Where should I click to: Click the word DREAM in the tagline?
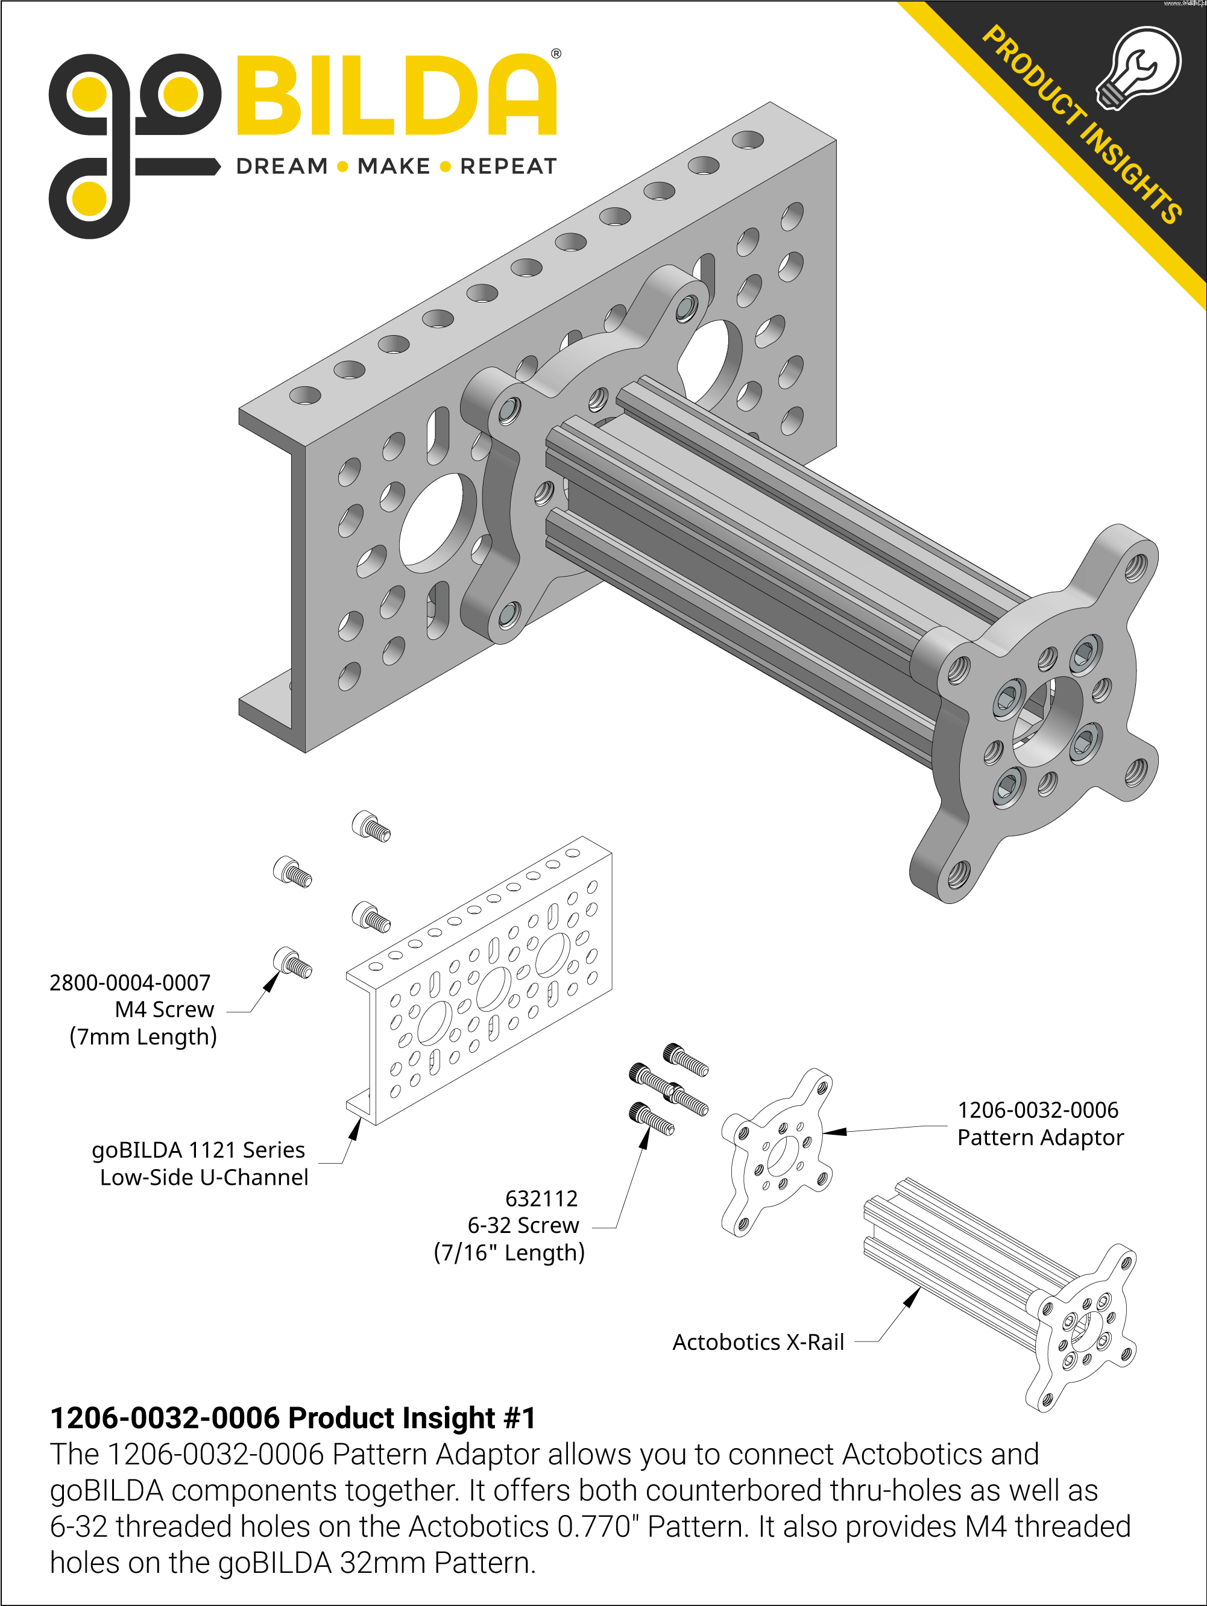(282, 166)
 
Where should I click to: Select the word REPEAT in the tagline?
(508, 166)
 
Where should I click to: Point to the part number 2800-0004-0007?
(130, 982)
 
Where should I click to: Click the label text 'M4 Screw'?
(165, 1009)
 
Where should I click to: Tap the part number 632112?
(542, 1198)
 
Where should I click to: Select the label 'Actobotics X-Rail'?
(758, 1341)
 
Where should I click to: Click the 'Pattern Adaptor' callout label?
(1040, 1137)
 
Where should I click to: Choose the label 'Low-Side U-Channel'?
(204, 1177)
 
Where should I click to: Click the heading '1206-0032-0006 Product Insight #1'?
(292, 1417)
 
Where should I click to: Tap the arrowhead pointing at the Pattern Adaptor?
(834, 1131)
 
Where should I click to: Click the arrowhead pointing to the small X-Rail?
(912, 1297)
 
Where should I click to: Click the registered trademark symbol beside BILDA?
(556, 54)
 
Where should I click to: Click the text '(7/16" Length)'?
(509, 1252)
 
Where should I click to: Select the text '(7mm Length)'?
(143, 1037)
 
